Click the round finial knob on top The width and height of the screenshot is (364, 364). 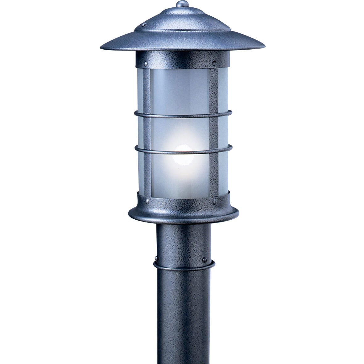tap(182, 4)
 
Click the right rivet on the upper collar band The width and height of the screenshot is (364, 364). tap(214, 63)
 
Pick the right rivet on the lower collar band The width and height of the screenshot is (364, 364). tap(214, 202)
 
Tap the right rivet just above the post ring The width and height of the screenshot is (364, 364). tap(204, 260)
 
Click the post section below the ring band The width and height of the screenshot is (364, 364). tap(184, 315)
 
